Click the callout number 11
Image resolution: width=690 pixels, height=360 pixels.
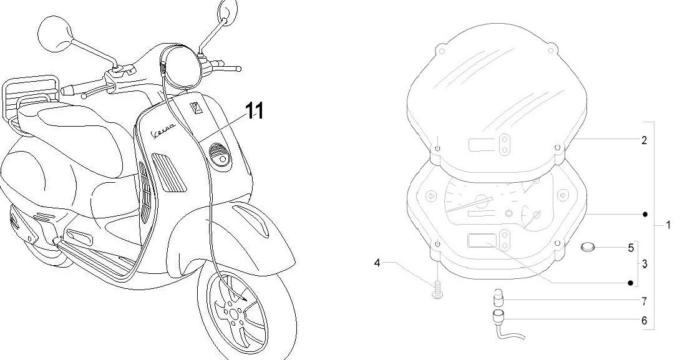pos(246,111)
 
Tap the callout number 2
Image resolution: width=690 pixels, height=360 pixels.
pos(644,140)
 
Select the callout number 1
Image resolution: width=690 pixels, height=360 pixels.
pos(668,225)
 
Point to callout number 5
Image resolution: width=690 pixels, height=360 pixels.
pos(631,248)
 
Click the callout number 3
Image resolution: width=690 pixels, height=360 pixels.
pos(644,264)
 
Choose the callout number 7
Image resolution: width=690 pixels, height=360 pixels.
pos(644,301)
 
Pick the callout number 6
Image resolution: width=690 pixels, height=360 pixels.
pos(644,321)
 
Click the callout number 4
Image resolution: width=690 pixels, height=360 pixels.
pos(377,263)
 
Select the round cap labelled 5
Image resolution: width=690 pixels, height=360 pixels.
pos(588,248)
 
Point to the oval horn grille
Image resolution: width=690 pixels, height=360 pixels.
pos(219,152)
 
